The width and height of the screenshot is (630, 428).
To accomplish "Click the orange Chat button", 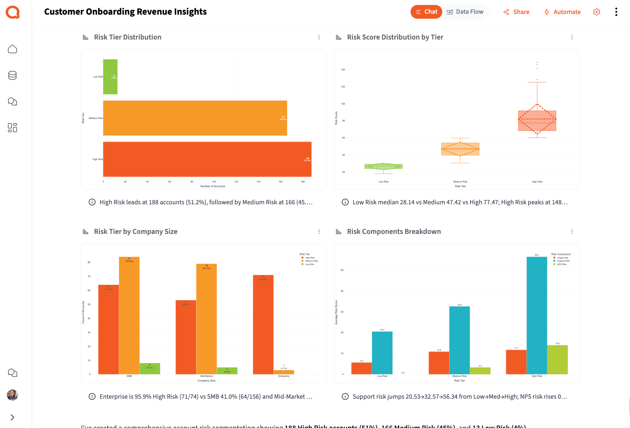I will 426,12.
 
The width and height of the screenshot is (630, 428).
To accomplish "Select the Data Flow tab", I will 465,12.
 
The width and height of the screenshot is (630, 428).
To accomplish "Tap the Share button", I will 516,12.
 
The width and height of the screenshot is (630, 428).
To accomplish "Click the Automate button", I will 562,12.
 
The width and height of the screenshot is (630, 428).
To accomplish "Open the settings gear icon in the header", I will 596,12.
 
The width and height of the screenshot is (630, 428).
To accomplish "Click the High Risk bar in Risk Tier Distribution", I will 207,159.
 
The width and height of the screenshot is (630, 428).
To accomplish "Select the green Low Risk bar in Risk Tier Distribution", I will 110,77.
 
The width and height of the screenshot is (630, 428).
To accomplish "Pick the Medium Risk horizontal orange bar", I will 195,118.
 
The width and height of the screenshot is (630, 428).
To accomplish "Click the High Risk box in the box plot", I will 537,121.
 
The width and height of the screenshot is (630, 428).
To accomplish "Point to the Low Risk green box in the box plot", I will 383,166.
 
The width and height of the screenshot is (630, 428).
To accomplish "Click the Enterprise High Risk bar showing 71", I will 263,324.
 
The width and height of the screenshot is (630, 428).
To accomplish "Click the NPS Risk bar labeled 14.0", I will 557,359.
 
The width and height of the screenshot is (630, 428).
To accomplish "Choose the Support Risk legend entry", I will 563,261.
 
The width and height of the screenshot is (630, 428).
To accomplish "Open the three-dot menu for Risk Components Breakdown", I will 572,232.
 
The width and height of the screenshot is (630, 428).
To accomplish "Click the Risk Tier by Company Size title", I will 136,232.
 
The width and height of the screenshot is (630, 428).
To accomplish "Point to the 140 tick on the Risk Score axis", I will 343,69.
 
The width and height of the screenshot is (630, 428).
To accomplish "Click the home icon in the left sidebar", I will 12,49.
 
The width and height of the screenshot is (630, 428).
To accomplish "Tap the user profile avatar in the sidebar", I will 12,395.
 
